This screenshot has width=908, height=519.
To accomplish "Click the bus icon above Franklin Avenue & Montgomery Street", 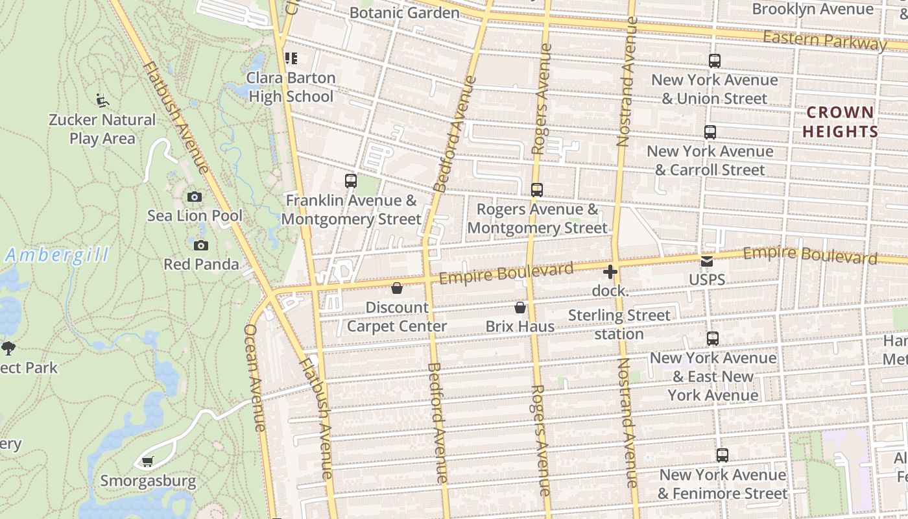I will [351, 181].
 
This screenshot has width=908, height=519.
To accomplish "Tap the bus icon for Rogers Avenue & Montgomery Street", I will [536, 190].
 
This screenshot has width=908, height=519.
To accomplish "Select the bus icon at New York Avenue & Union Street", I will [714, 61].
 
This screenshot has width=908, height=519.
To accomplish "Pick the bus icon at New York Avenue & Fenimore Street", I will [723, 455].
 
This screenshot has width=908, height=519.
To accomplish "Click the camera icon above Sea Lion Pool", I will [194, 197].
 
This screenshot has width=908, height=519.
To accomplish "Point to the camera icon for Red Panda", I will [201, 245].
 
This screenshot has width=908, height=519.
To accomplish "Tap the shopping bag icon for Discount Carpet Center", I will [397, 288].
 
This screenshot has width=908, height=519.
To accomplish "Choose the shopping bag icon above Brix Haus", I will [520, 308].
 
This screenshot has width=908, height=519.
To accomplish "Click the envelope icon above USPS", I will [707, 261].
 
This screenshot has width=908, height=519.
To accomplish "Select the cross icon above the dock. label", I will [610, 272].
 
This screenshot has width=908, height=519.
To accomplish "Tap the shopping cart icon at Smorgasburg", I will [147, 462].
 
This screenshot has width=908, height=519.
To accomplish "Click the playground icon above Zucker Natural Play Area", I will [102, 100].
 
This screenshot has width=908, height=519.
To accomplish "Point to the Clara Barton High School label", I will [292, 87].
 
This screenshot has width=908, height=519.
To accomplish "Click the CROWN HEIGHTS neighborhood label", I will [841, 122].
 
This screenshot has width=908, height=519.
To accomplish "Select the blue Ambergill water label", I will [57, 256].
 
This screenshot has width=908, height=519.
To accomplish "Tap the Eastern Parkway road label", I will [824, 40].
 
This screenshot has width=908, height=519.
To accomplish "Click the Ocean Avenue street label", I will [254, 378].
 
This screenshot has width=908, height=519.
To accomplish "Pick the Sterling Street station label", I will [619, 324].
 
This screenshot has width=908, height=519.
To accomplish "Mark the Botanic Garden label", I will [404, 12].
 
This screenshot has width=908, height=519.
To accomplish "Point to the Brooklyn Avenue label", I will [813, 9].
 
